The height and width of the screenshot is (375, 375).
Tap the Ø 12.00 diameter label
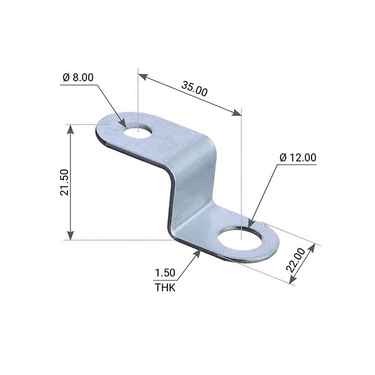click(x=297, y=157)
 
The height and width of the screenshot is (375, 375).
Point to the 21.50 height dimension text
click(x=65, y=182)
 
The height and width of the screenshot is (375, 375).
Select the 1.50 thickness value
click(x=165, y=273)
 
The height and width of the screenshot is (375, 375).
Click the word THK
click(x=164, y=287)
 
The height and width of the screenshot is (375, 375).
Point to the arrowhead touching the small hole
click(x=123, y=123)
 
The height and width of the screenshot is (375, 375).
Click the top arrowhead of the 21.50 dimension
click(x=70, y=129)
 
